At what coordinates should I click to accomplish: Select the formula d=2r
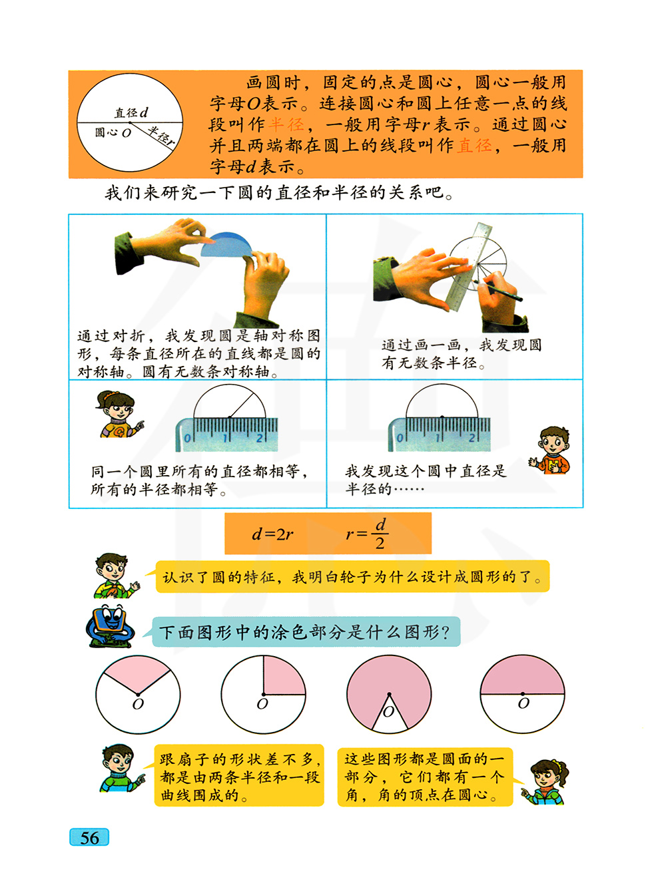tap(272, 534)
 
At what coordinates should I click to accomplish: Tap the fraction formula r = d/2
tap(367, 534)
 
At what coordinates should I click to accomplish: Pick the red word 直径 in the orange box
tap(474, 146)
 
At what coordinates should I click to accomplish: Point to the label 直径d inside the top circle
tap(131, 112)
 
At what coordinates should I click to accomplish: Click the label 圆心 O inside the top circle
tap(113, 132)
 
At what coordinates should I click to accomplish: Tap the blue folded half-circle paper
tap(226, 244)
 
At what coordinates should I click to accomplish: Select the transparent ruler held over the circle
tap(469, 266)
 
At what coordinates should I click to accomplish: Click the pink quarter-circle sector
tap(284, 675)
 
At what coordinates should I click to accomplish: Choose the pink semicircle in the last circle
tap(522, 675)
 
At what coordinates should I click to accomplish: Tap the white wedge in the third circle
tap(389, 715)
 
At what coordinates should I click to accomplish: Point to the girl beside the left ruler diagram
tap(118, 414)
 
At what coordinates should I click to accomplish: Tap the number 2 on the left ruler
tap(260, 437)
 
